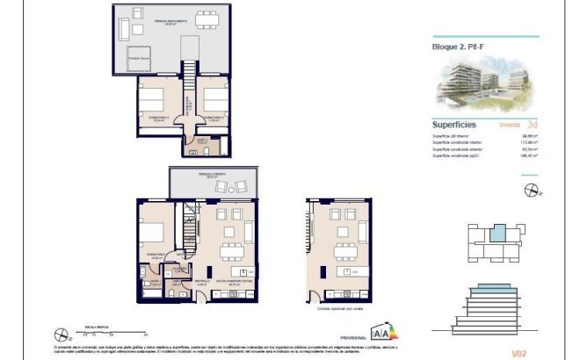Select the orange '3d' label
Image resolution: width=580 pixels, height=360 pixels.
click(532, 125)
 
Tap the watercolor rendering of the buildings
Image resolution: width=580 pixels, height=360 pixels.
click(487, 87)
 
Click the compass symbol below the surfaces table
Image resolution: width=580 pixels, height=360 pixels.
click(530, 189)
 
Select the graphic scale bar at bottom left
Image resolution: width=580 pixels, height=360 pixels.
click(98, 331)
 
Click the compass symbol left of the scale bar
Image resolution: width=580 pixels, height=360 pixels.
click(61, 334)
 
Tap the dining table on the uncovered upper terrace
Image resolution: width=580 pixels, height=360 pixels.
click(207, 19)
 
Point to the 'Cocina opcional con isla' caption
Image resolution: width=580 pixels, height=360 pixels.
click(340, 309)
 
